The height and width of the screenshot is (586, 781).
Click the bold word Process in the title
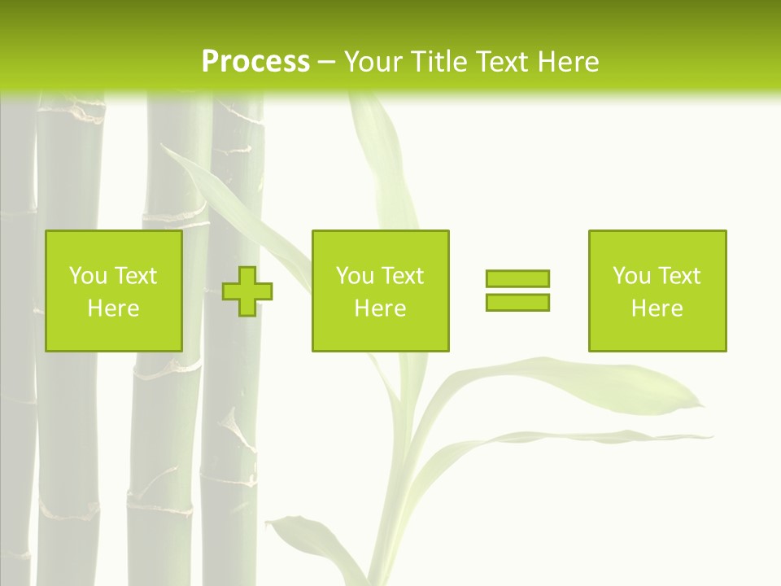[x=255, y=62]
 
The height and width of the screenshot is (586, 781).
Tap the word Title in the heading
[x=438, y=62]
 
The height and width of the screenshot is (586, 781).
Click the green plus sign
[x=247, y=291]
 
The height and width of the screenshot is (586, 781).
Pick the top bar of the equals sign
[x=517, y=279]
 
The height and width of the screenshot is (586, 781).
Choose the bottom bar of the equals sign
[x=517, y=302]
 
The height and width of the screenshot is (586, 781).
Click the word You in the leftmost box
[x=88, y=276]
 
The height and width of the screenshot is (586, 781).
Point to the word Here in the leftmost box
[x=113, y=308]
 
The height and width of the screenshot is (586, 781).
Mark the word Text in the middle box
[x=403, y=276]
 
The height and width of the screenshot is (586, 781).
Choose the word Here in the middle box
[x=380, y=308]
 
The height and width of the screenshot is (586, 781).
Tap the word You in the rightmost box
[x=631, y=276]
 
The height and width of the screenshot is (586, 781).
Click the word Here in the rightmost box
[x=657, y=308]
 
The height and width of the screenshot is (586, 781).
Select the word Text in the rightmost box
[x=679, y=276]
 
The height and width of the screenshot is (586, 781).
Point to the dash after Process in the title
[x=326, y=63]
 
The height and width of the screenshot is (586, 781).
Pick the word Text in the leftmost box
[x=136, y=276]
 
